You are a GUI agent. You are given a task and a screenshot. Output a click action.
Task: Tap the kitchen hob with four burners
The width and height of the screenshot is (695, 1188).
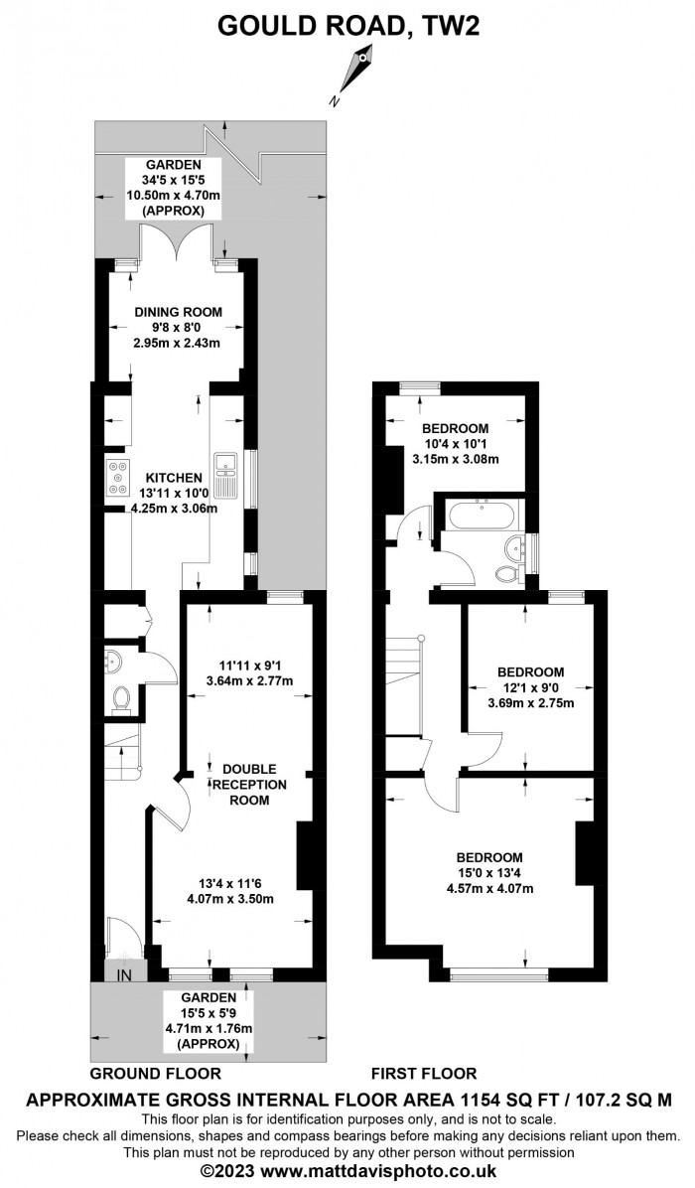[x=116, y=478]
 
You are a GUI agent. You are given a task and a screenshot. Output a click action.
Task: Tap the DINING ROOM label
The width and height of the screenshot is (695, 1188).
[x=178, y=311]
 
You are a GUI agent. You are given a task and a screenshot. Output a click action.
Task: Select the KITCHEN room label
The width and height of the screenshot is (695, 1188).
[x=174, y=478]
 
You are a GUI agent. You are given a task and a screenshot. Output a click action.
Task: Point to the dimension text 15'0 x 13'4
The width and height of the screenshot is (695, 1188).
[x=489, y=873]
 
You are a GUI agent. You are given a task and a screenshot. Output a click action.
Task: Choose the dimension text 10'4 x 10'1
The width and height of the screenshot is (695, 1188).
[x=455, y=443]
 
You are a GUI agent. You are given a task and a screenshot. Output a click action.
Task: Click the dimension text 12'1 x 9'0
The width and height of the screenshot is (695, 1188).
[x=530, y=687]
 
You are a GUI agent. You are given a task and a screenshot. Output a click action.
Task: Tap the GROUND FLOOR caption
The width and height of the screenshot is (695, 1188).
[x=155, y=1073]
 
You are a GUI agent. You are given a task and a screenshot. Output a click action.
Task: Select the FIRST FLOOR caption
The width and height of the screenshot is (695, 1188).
[x=423, y=1073]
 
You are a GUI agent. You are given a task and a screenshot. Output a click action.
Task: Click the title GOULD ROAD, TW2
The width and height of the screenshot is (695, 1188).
[x=348, y=25]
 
